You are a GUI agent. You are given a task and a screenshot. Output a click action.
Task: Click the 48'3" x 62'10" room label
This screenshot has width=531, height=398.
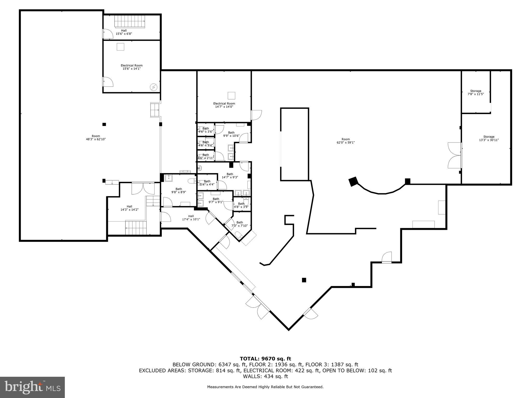click(96, 138)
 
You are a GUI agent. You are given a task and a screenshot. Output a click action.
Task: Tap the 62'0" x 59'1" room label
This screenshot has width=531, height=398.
click(345, 141)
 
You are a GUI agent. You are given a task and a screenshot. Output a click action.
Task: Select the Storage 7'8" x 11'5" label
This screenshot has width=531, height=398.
click(476, 93)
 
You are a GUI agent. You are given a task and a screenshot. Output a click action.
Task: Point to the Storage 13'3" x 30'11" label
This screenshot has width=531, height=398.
click(488, 138)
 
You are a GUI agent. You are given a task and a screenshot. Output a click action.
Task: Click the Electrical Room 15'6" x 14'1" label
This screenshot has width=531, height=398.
click(131, 67)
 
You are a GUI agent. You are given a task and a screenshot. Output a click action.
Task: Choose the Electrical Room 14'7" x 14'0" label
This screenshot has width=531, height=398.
click(224, 105)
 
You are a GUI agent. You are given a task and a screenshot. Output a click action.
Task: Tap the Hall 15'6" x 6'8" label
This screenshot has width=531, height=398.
click(124, 32)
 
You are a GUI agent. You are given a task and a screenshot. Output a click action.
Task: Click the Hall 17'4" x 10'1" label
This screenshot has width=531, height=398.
click(191, 218)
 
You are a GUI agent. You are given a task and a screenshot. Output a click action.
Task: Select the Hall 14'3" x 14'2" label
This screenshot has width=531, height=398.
click(129, 208)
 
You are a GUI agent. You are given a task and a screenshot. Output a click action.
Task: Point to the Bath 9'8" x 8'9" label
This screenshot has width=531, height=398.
click(179, 190)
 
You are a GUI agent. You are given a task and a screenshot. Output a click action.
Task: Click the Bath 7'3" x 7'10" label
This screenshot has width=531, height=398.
click(240, 224)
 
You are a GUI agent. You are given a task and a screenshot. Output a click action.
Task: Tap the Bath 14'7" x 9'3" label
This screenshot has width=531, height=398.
click(230, 176)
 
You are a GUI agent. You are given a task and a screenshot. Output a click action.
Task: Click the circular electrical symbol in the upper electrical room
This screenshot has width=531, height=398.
click(154, 87)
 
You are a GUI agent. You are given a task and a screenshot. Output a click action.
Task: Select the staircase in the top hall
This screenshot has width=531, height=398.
click(130, 21)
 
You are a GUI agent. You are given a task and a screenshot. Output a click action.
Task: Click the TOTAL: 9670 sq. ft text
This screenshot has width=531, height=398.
click(265, 359)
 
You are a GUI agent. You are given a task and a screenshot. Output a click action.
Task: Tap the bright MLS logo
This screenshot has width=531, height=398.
click(32, 387)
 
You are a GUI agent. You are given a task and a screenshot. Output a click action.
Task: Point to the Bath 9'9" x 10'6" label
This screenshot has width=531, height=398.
click(231, 134)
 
